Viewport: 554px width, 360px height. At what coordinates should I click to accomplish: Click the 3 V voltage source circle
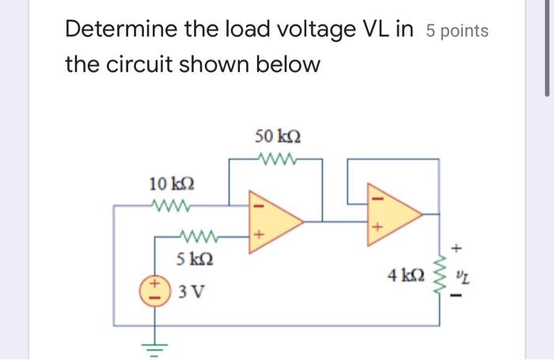(155, 290)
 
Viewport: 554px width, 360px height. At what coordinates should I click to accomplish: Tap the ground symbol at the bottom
(155, 343)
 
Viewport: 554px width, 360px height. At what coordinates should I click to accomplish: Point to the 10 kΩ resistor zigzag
(169, 207)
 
